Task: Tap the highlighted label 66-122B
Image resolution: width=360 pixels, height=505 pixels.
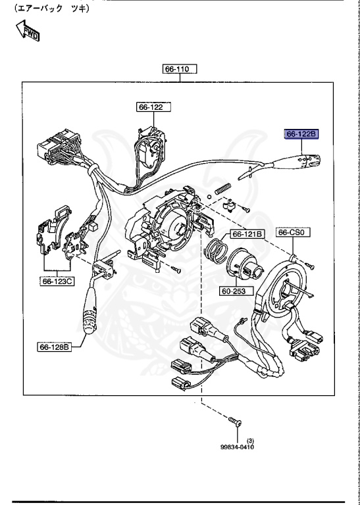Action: pyautogui.click(x=301, y=134)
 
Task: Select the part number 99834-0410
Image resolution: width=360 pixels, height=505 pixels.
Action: pyautogui.click(x=237, y=446)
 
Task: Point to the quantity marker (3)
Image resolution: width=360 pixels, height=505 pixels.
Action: pyautogui.click(x=251, y=440)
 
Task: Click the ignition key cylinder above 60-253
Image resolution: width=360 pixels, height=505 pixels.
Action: pyautogui.click(x=247, y=266)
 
